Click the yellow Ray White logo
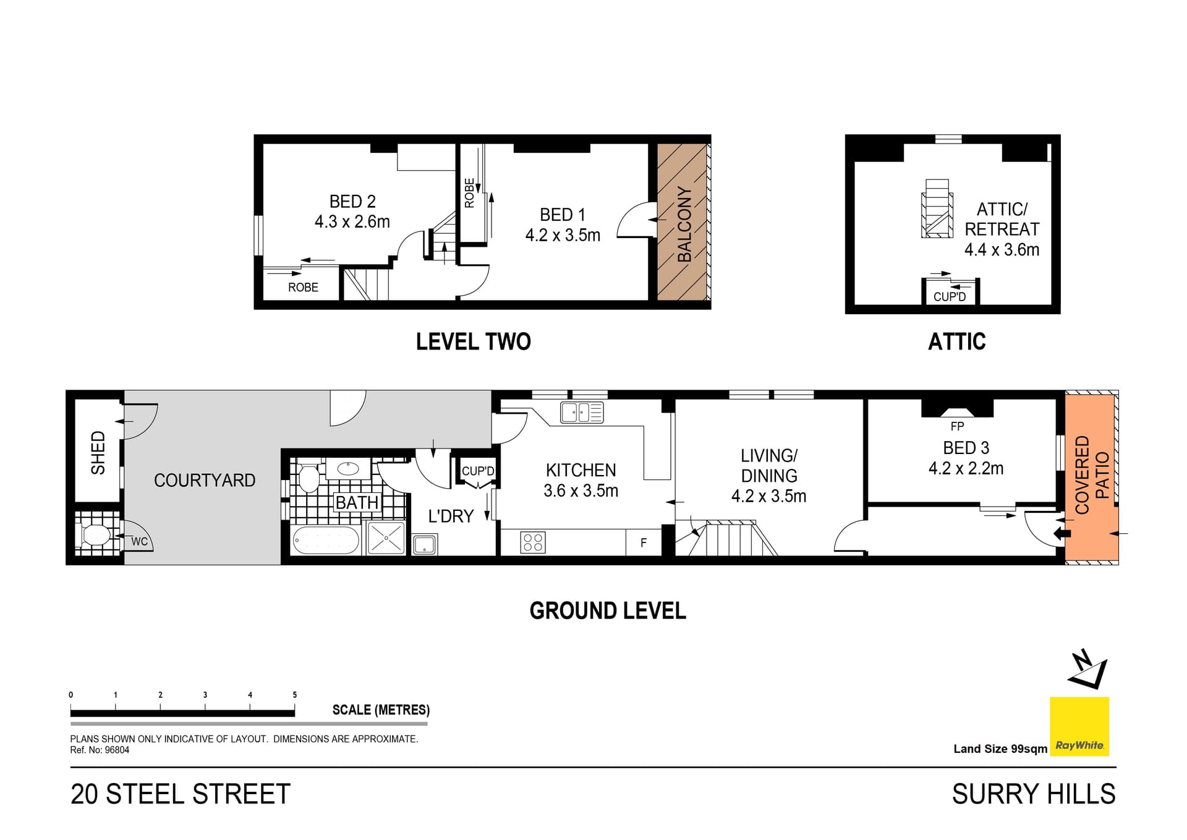tap(1079, 726)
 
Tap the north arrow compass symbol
tap(1087, 669)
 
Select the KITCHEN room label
tap(581, 470)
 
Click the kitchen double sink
tap(582, 412)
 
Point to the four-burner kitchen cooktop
tap(533, 542)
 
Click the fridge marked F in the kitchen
tap(644, 542)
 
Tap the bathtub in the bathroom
tap(325, 540)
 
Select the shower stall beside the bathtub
tap(386, 538)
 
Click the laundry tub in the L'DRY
tap(425, 545)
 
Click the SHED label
tap(98, 453)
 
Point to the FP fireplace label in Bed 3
tap(957, 426)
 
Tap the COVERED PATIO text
tap(1092, 474)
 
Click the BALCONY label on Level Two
tap(684, 224)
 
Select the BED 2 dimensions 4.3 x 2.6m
tap(352, 221)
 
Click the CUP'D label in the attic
tap(950, 297)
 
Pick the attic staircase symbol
tap(937, 208)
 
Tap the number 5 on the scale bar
tap(295, 695)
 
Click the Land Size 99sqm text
tap(1000, 749)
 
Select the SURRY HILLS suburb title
tap(1034, 794)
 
